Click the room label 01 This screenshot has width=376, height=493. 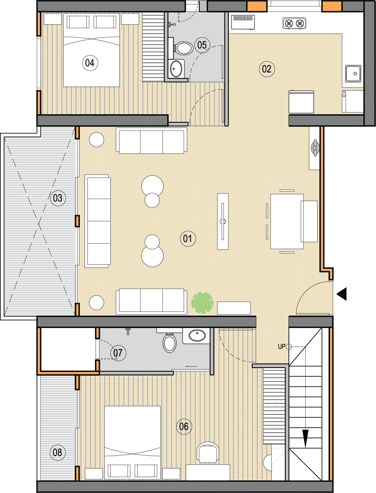click(188, 239)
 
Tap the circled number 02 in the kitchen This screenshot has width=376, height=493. click(267, 69)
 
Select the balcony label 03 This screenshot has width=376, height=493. click(58, 198)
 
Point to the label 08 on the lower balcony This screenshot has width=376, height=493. click(57, 453)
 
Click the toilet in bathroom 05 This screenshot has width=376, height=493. click(183, 48)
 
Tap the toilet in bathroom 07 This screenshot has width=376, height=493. click(170, 343)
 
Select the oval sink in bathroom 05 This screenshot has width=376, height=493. click(176, 69)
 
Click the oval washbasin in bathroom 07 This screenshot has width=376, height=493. click(197, 336)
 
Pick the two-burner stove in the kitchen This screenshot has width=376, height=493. click(294, 24)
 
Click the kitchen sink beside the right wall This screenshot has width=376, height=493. click(353, 74)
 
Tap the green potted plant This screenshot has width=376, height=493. click(202, 303)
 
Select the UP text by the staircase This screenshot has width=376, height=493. click(282, 346)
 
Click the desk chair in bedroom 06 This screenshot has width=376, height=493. click(208, 452)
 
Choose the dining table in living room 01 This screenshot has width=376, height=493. click(287, 221)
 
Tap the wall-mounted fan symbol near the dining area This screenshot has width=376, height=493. click(315, 148)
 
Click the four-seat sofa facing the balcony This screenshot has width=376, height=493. click(97, 221)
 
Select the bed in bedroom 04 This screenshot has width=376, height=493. click(91, 50)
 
